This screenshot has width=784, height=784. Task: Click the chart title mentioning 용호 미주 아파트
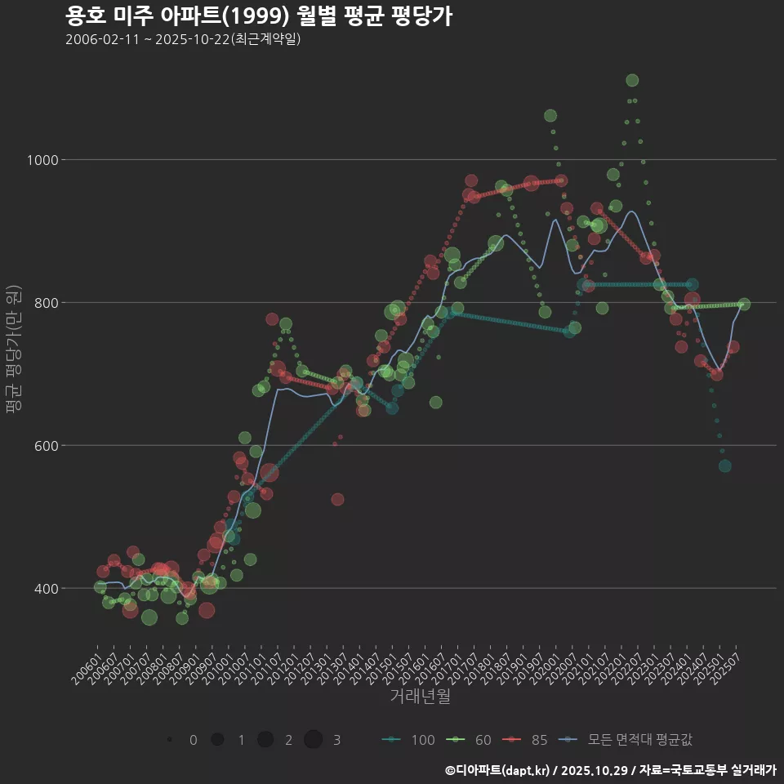tap(258, 16)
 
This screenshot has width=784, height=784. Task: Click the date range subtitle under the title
tap(183, 39)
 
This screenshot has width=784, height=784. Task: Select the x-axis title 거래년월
tap(420, 696)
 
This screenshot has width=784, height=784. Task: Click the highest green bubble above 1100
tap(632, 80)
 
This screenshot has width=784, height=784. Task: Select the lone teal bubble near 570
tap(724, 466)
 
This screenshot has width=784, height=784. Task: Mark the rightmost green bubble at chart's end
tap(744, 305)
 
